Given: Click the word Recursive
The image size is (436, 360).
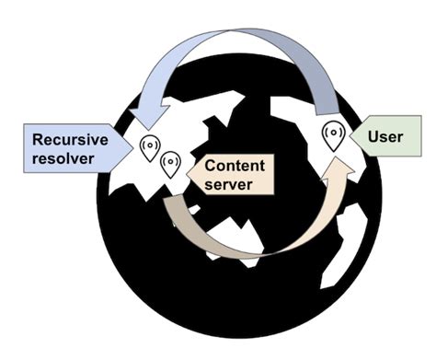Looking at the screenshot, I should [x=70, y=140].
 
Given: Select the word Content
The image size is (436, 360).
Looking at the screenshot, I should [x=235, y=166].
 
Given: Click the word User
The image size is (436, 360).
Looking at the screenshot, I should [x=385, y=137].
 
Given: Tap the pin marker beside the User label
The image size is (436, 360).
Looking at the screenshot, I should [x=333, y=135].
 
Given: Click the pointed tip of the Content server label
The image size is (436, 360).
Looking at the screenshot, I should [x=188, y=174].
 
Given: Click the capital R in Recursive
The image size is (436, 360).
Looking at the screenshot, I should [x=39, y=140].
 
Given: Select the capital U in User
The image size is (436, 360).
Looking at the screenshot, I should [x=373, y=137].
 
